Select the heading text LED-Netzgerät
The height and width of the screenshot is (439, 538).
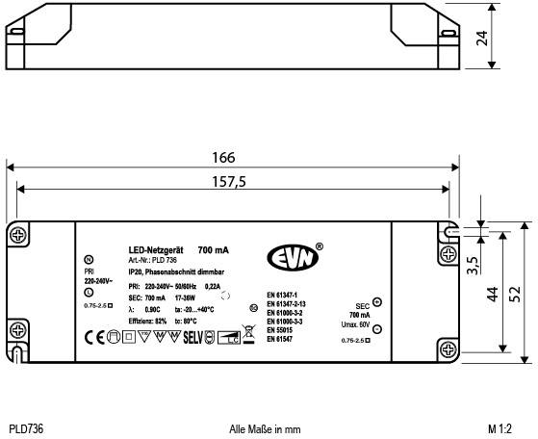tap(155, 249)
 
